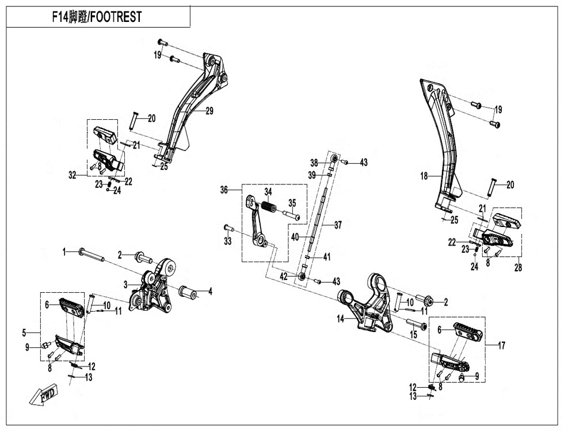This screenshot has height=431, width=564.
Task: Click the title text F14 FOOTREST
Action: [x=96, y=17]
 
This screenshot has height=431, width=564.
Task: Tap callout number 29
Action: [x=209, y=111]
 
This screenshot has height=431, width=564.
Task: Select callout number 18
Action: [x=424, y=176]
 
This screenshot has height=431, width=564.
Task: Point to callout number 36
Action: [x=224, y=190]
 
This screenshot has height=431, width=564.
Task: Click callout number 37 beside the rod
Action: [x=338, y=225]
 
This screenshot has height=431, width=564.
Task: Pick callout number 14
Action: [x=341, y=319]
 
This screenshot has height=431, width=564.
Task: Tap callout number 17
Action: [x=501, y=346]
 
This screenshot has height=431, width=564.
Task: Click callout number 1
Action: [x=65, y=251]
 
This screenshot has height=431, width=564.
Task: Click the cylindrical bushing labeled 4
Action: [x=188, y=292]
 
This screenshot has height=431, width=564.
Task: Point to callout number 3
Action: [x=125, y=284]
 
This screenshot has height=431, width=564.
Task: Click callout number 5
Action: [x=24, y=332]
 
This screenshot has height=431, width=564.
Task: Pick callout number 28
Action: [x=518, y=268]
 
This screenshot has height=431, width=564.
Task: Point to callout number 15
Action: [x=413, y=334]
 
